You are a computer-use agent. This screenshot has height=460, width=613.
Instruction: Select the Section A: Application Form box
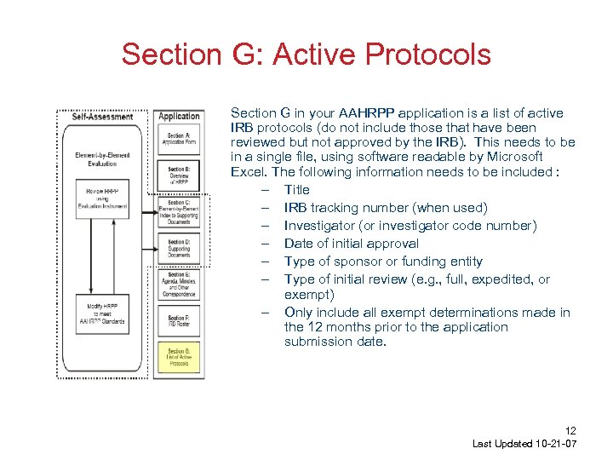click(179, 139)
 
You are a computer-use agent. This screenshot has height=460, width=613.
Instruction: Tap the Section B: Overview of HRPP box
click(179, 175)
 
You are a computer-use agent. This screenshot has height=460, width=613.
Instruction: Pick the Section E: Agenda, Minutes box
click(179, 284)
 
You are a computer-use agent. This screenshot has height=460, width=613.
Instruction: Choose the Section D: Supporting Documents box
click(179, 248)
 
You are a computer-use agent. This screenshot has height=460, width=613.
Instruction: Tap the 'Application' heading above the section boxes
click(179, 117)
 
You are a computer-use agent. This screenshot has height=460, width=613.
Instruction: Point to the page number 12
click(570, 431)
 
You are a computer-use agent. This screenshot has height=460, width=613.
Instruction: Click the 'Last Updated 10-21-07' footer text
click(524, 444)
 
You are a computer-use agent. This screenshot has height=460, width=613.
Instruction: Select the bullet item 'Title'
click(296, 190)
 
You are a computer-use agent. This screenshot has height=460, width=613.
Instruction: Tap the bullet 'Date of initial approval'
click(352, 244)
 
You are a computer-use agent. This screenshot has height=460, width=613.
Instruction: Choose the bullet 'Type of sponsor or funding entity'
click(383, 262)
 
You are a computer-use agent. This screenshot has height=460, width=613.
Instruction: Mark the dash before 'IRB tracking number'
click(266, 208)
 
